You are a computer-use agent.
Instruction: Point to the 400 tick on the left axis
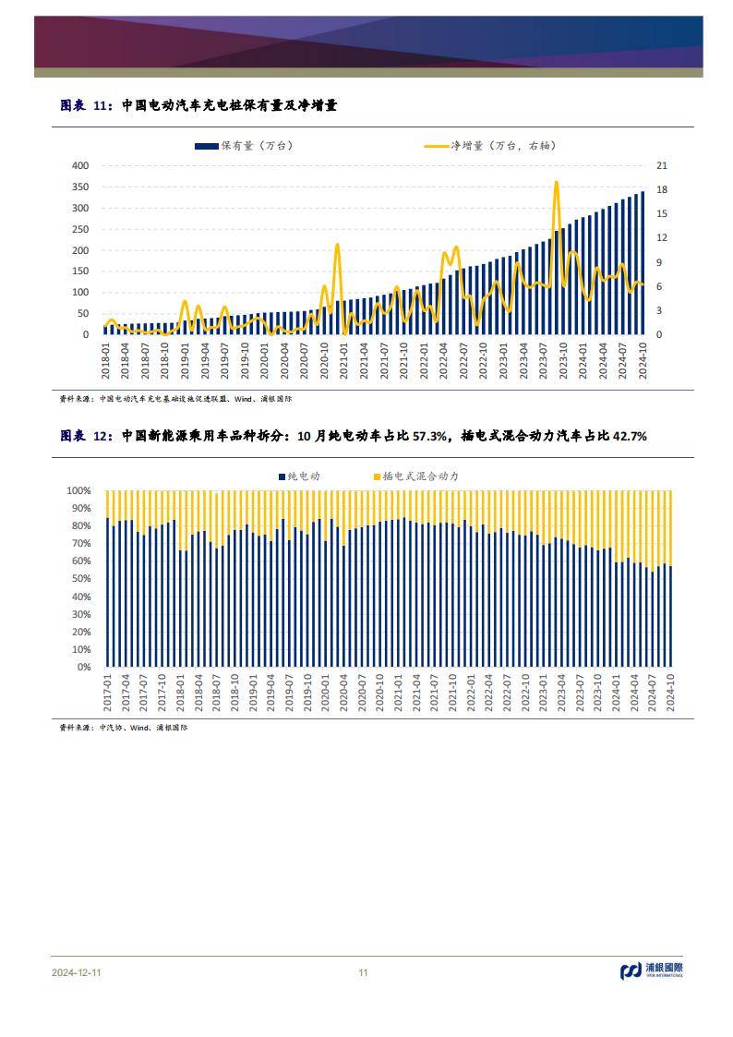click(79, 165)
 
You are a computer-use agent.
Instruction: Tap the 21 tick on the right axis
click(661, 165)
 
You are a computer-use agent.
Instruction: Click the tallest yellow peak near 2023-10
click(556, 182)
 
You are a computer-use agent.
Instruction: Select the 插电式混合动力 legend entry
click(415, 476)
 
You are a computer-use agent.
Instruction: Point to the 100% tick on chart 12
click(79, 491)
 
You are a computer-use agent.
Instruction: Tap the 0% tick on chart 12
click(84, 667)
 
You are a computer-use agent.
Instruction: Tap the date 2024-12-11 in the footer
click(79, 972)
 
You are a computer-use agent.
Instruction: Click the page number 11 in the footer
click(363, 972)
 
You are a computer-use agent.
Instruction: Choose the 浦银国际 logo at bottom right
click(651, 971)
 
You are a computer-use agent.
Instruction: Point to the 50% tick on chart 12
click(82, 579)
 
